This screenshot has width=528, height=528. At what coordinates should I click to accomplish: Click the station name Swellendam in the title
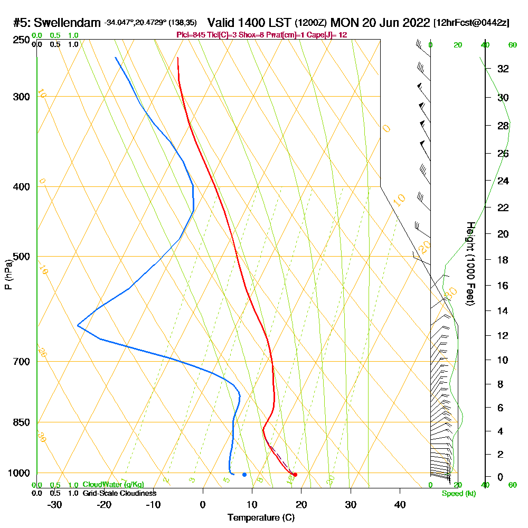[68, 23]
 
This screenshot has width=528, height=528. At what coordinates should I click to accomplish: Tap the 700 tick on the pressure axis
[22, 362]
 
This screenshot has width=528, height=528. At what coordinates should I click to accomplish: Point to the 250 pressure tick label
[22, 40]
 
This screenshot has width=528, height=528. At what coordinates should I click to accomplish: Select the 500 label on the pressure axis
[22, 257]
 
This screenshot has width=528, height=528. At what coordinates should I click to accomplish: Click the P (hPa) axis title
[8, 275]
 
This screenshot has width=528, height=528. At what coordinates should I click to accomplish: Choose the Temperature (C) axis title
[261, 517]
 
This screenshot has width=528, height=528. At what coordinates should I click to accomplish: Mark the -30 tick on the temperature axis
[55, 505]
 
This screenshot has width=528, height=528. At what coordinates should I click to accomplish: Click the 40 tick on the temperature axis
[400, 505]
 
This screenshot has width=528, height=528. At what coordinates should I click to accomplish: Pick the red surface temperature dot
[295, 475]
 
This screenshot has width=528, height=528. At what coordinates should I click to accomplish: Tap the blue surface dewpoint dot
[244, 475]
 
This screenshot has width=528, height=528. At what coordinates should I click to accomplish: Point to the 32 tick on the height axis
[503, 69]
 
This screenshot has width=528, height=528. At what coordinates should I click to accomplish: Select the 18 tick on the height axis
[503, 260]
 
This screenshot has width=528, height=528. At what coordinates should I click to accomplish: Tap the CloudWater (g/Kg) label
[113, 485]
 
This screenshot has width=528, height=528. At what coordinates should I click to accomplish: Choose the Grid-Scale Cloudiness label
[119, 493]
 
